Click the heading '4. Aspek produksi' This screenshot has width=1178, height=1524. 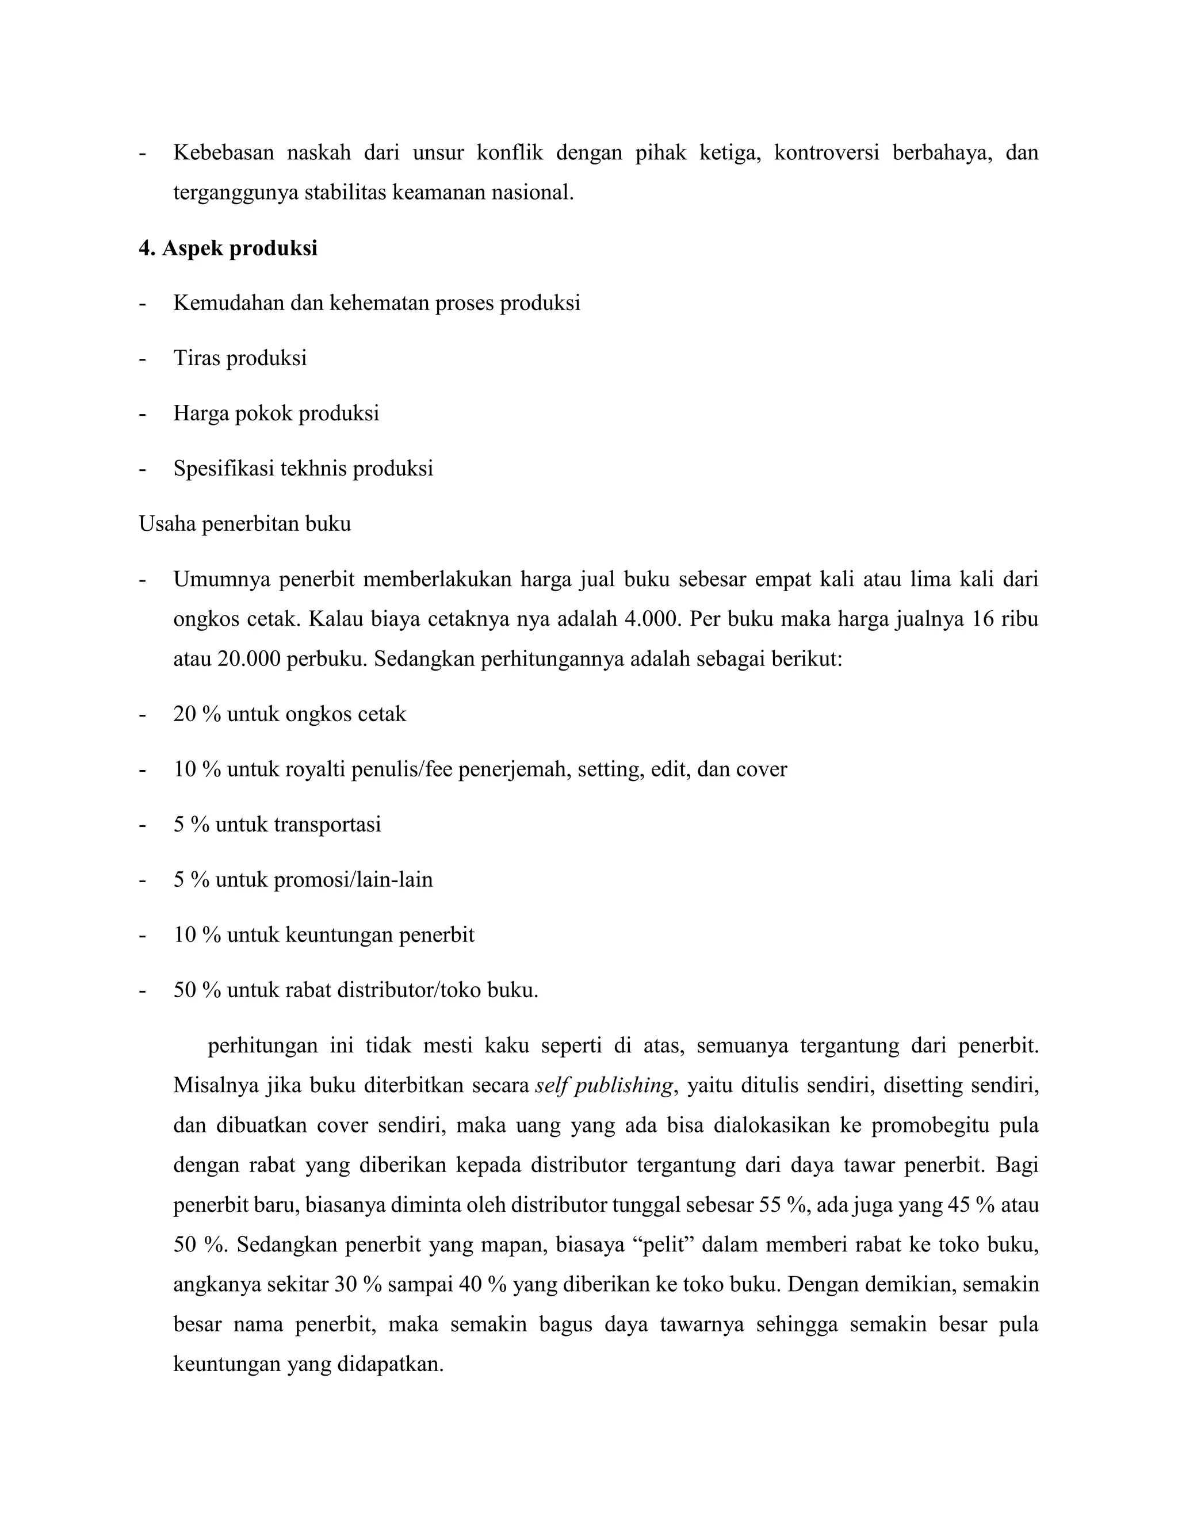pyautogui.click(x=228, y=248)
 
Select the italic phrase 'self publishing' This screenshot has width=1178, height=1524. pyautogui.click(x=605, y=1086)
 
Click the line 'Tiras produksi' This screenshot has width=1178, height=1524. pyautogui.click(x=240, y=359)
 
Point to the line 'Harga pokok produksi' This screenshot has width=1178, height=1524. pyautogui.click(x=276, y=414)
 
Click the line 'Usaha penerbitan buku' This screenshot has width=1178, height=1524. pyautogui.click(x=245, y=523)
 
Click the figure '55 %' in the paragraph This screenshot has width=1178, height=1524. pyautogui.click(x=782, y=1205)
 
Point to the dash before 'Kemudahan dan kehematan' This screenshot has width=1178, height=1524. pyautogui.click(x=143, y=304)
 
